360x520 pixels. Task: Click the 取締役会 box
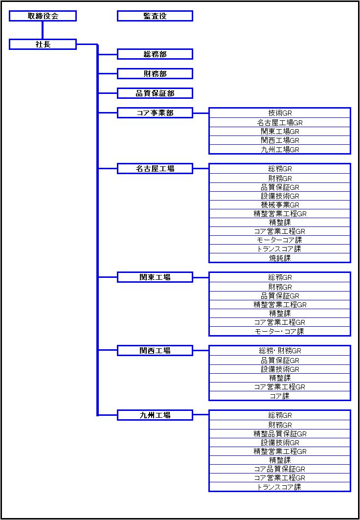(43, 16)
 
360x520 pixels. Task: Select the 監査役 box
(155, 16)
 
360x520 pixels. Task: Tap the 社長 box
(43, 45)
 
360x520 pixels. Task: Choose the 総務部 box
(155, 54)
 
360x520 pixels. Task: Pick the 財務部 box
(155, 74)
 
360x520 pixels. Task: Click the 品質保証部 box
(155, 93)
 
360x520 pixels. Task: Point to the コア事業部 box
(155, 113)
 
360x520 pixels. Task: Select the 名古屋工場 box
(155, 168)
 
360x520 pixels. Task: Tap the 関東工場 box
(155, 277)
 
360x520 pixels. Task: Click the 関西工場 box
(155, 350)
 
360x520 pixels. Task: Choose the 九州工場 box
(155, 415)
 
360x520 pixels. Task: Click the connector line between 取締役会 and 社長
(43, 30)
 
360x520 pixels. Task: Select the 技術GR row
(280, 113)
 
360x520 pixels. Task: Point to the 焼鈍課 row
(280, 258)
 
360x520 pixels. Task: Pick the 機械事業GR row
(280, 204)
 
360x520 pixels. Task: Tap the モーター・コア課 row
(280, 331)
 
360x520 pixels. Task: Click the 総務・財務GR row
(280, 350)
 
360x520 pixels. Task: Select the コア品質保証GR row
(280, 469)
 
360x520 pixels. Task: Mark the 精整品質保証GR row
(280, 433)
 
